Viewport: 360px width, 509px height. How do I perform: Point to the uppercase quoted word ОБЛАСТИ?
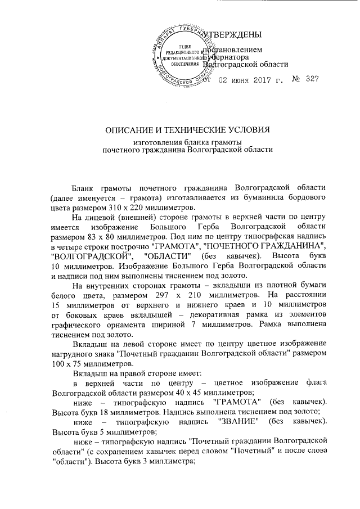pyautogui.click(x=173, y=256)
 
